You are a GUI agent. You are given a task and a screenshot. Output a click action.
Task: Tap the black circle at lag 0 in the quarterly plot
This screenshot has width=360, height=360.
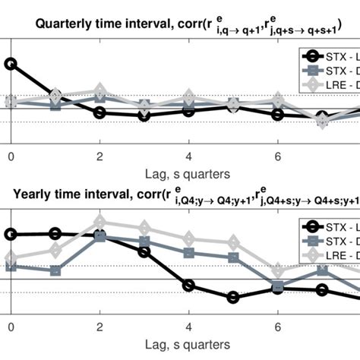click(x=11, y=63)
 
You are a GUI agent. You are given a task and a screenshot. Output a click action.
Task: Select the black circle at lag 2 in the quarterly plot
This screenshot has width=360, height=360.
click(x=99, y=112)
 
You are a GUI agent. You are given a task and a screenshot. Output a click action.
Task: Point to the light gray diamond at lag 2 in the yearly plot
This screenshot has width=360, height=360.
click(x=99, y=223)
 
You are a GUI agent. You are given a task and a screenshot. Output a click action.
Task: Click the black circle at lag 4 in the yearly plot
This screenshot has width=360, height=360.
click(x=189, y=286)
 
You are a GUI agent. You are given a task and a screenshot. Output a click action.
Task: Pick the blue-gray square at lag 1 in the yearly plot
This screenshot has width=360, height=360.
click(x=55, y=270)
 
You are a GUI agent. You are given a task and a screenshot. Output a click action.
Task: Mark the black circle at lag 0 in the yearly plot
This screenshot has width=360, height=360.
click(x=11, y=235)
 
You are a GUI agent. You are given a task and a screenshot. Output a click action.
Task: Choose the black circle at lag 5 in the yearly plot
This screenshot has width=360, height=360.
click(x=234, y=297)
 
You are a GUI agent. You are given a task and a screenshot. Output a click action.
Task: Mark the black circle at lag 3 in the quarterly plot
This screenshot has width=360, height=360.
click(x=144, y=116)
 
